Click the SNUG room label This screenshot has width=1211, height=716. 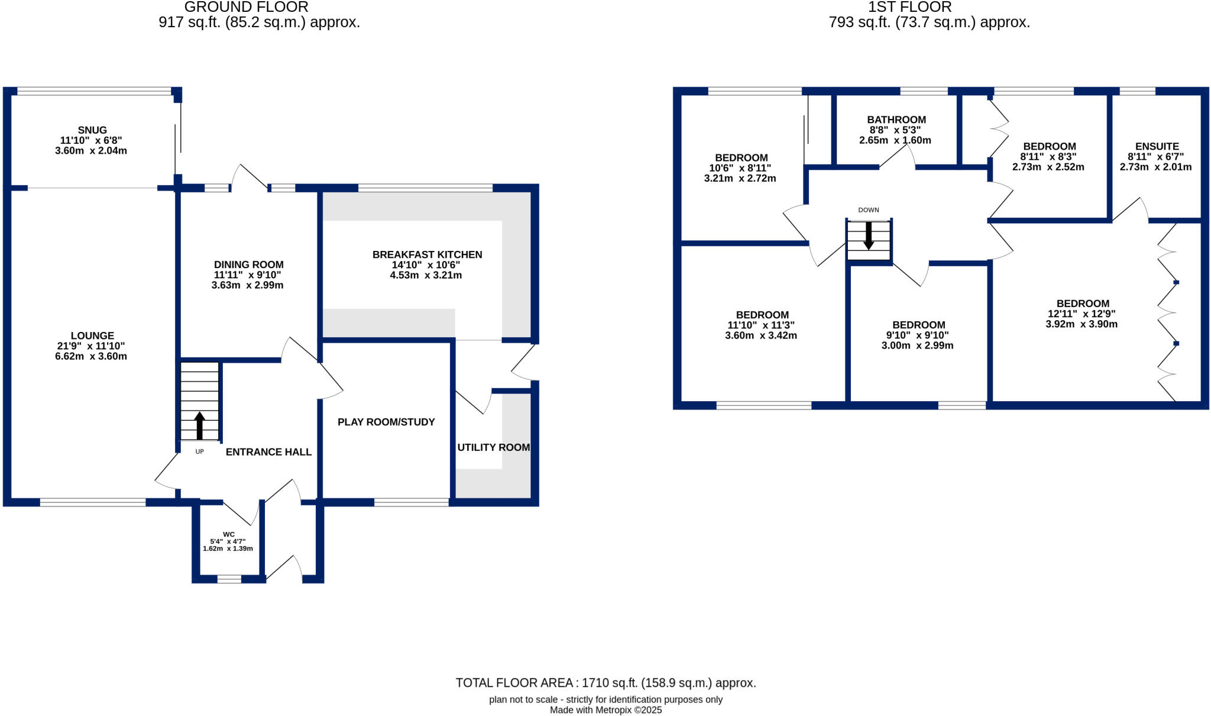tap(92, 130)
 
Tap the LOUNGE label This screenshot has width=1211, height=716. tap(92, 336)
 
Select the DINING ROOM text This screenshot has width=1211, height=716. tap(248, 265)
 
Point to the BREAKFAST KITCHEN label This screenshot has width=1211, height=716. tap(427, 255)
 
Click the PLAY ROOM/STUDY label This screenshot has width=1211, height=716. tap(386, 422)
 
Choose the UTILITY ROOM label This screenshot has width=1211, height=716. tap(493, 447)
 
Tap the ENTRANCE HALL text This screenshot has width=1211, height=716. tap(268, 452)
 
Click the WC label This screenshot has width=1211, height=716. tap(229, 534)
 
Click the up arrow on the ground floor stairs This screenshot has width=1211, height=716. tap(199, 425)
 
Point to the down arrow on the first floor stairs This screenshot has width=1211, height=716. tap(868, 236)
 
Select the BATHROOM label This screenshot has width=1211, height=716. tap(896, 120)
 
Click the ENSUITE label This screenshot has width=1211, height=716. tap(1157, 147)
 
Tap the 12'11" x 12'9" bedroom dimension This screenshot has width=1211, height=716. tap(1082, 314)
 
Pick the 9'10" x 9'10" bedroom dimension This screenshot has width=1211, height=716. tap(917, 336)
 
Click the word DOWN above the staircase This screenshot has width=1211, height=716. tap(868, 210)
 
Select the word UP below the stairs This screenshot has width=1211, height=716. tap(199, 451)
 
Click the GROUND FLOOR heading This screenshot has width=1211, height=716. tap(246, 8)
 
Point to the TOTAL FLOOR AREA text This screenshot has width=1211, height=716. tap(605, 683)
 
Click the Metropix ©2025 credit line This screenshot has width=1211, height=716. tap(605, 710)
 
